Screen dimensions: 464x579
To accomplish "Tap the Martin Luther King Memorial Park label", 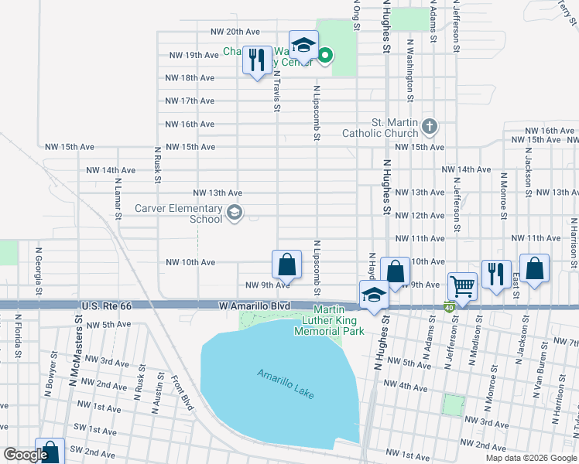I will (328, 320).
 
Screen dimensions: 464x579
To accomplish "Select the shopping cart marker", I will (462, 286).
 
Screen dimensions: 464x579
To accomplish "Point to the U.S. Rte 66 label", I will (107, 307).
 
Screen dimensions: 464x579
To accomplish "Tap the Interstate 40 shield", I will (449, 307).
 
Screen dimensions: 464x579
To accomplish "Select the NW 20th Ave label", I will (235, 32).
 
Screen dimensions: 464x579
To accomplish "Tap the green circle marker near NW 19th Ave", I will (326, 54).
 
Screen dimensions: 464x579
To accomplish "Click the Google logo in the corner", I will (25, 455).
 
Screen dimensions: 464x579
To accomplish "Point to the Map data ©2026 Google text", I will (530, 458).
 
